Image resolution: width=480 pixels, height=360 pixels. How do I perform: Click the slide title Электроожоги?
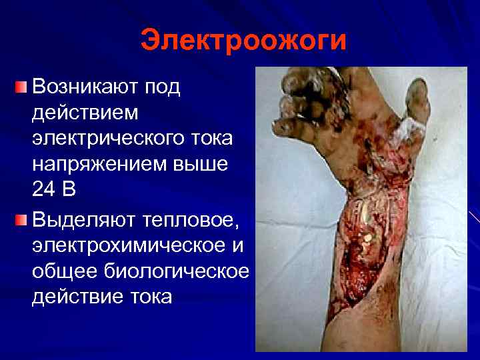[x=244, y=40]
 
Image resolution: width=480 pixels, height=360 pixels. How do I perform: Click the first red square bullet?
[x=21, y=87]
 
